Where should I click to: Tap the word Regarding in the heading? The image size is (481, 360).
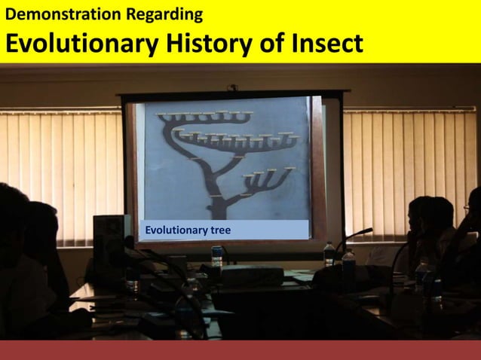pyautogui.click(x=168, y=14)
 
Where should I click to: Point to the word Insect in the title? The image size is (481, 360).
pyautogui.click(x=325, y=44)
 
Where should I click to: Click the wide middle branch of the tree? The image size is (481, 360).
pyautogui.click(x=234, y=139)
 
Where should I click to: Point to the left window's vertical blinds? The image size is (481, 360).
pyautogui.click(x=60, y=173)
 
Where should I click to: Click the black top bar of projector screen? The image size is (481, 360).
pyautogui.click(x=234, y=94)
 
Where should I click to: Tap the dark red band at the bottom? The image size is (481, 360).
pyautogui.click(x=240, y=349)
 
